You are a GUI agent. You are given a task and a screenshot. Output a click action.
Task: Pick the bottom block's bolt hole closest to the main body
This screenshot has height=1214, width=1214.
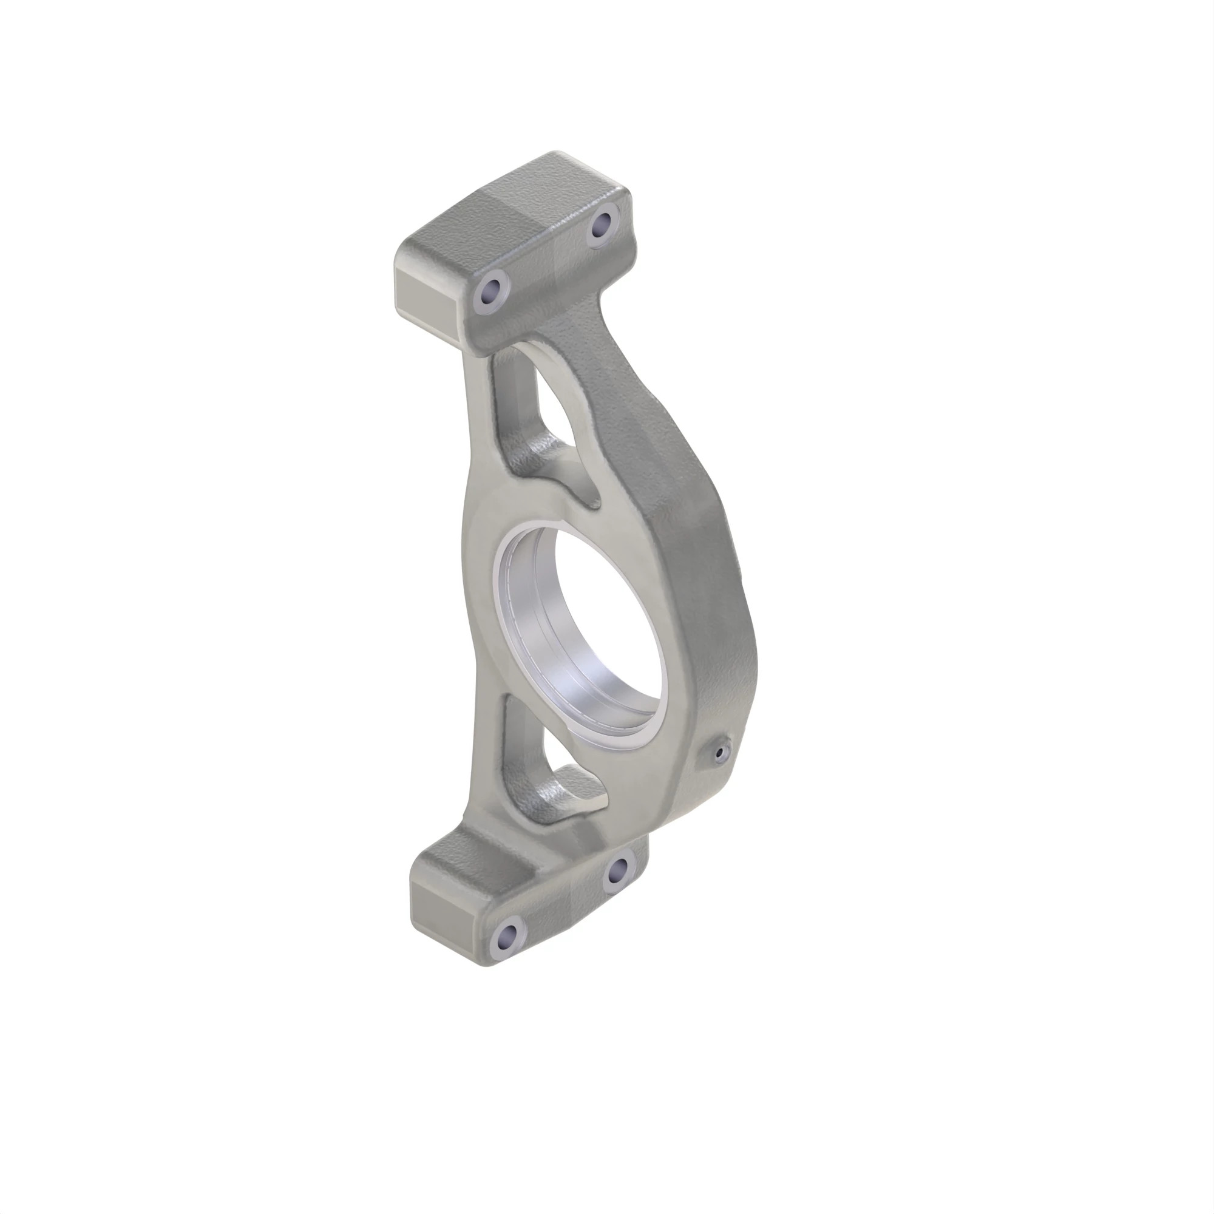619,870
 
